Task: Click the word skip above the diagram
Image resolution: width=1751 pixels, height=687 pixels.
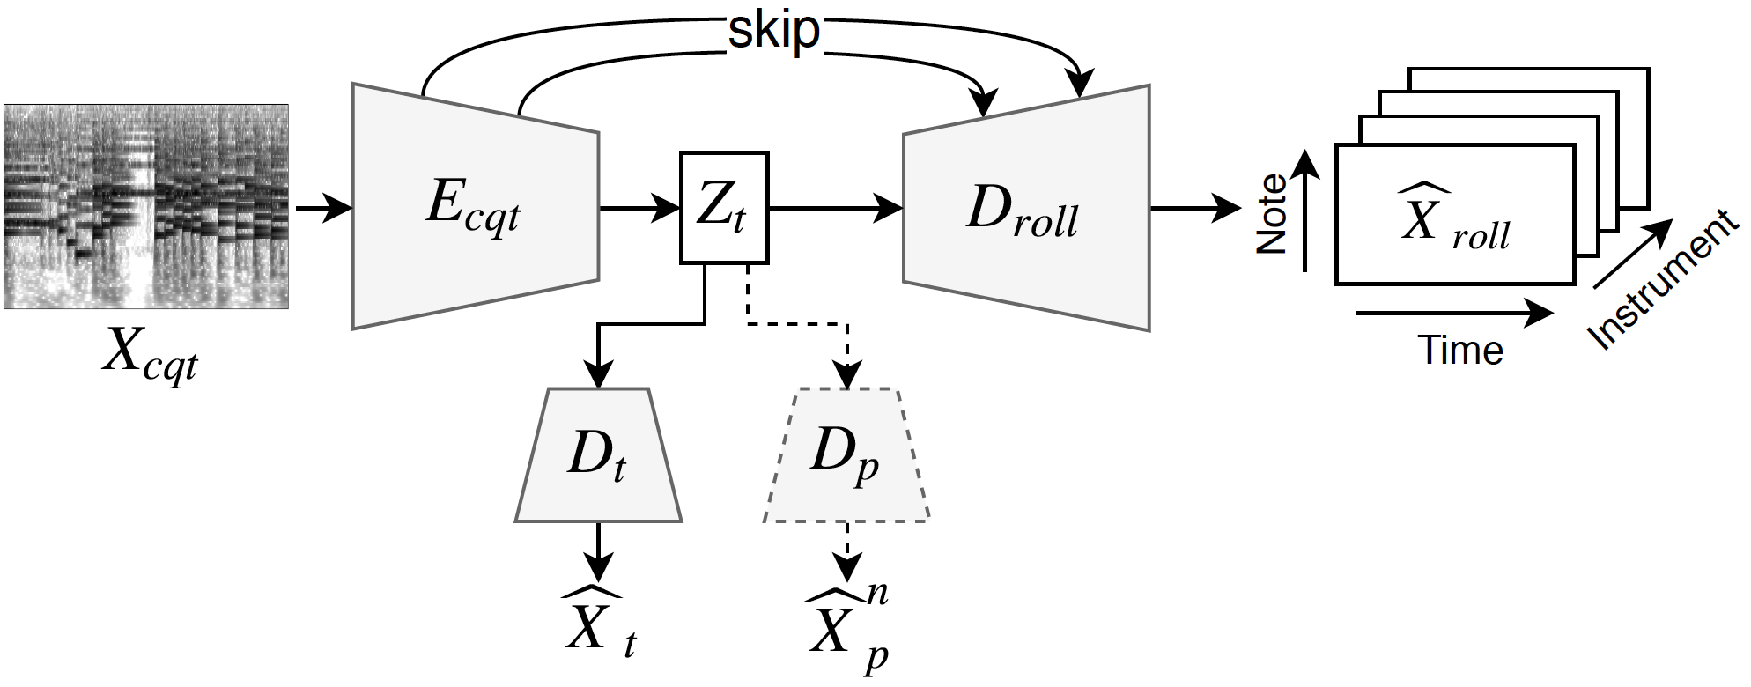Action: coord(773,31)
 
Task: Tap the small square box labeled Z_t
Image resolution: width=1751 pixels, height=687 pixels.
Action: coord(724,208)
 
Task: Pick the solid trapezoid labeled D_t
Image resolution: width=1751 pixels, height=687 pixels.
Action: coord(598,455)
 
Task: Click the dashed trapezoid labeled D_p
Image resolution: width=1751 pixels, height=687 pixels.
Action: coord(846,455)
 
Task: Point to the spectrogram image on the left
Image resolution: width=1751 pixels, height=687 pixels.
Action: coord(146,207)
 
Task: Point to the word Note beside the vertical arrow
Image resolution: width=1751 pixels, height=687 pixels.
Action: coord(1271,214)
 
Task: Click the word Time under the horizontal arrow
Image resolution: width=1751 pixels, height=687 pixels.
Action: coord(1459,350)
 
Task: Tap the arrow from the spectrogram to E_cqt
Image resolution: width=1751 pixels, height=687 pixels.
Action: coord(321,209)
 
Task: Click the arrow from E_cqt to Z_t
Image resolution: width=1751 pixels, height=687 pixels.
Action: coord(639,209)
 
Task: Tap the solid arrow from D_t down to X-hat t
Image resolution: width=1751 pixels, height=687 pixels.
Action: coord(598,550)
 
